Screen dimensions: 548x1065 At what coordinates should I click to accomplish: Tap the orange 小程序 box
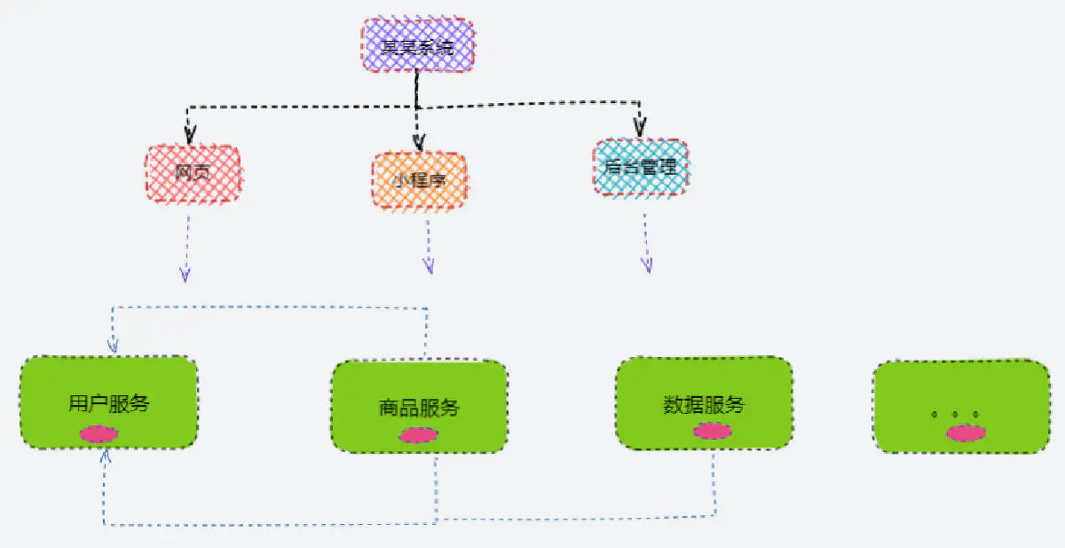click(x=419, y=181)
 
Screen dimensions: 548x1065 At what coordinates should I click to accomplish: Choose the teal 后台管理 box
click(x=640, y=167)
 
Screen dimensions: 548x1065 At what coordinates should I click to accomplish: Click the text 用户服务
click(x=108, y=404)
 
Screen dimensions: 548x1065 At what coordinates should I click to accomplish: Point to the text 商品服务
click(x=419, y=409)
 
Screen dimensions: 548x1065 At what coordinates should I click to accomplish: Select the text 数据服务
click(x=703, y=406)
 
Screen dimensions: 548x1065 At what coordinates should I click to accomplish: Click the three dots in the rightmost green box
click(x=954, y=415)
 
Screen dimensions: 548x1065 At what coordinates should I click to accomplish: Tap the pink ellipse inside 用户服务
click(x=99, y=434)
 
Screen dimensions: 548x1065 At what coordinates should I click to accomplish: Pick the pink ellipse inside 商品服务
click(x=418, y=435)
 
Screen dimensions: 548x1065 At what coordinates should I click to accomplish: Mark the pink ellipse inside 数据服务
click(x=712, y=431)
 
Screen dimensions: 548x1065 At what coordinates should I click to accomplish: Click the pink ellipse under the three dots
click(x=966, y=433)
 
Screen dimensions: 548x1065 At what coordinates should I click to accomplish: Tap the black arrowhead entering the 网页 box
click(x=189, y=137)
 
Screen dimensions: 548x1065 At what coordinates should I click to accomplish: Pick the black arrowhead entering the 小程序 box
click(x=419, y=141)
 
